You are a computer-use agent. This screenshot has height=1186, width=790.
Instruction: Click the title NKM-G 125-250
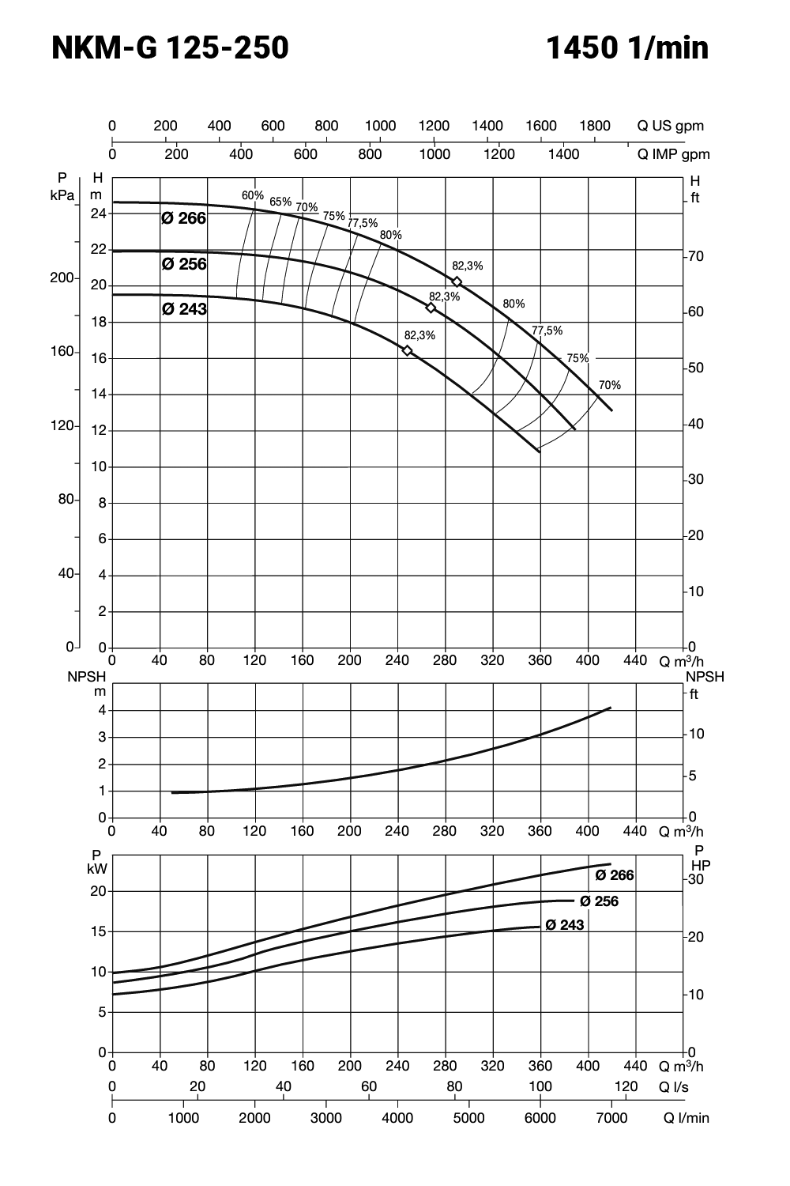tap(170, 49)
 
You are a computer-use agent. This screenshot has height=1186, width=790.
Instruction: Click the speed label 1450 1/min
tap(627, 49)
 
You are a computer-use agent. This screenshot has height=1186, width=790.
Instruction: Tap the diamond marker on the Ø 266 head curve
tap(457, 282)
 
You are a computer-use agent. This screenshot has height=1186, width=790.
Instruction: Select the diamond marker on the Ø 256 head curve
tap(431, 308)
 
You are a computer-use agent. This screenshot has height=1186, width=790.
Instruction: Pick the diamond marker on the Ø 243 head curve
tap(408, 350)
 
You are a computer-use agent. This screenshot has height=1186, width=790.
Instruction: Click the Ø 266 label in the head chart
tap(183, 218)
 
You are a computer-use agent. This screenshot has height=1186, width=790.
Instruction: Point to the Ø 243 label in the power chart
tap(565, 925)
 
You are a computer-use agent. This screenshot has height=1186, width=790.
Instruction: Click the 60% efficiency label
tap(253, 195)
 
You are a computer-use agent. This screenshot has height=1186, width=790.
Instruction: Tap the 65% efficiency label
tap(280, 202)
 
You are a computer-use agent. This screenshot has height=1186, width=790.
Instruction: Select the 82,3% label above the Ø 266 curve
tap(468, 266)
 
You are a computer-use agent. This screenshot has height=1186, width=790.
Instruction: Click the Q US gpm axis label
tap(671, 126)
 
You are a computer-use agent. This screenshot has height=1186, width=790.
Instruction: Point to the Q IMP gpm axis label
tap(674, 154)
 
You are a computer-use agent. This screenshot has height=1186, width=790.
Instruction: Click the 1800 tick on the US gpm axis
tap(595, 126)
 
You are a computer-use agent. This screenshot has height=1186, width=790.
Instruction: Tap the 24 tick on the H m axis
tap(98, 213)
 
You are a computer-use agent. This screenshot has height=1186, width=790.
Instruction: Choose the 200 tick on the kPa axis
tap(62, 279)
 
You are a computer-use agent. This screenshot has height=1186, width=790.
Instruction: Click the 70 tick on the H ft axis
tap(695, 257)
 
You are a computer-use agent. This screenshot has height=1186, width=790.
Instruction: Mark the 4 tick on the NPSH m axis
tap(102, 711)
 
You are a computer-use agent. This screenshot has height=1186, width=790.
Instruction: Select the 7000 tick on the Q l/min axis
tap(611, 1118)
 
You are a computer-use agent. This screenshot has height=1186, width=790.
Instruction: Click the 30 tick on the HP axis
tap(696, 879)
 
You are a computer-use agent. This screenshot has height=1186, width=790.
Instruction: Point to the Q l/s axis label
tap(674, 1087)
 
